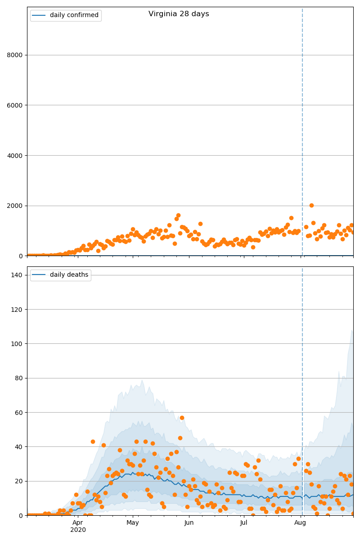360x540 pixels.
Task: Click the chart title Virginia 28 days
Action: pos(179,14)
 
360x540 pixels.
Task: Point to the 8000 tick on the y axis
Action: pos(15,55)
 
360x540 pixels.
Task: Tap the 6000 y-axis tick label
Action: pos(15,105)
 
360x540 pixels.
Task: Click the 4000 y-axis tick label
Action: pos(15,156)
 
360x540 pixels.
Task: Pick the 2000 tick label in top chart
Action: pos(15,206)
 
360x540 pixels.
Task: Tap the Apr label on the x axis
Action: pos(78,523)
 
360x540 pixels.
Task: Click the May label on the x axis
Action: pos(133,523)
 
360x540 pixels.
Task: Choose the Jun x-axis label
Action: pos(189,523)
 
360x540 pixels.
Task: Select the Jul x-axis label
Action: pos(243,523)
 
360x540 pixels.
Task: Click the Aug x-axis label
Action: pos(300,523)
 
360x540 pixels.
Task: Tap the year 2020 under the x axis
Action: pos(78,530)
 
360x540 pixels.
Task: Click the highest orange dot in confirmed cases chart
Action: pos(311,205)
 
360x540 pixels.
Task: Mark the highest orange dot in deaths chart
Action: pos(182,418)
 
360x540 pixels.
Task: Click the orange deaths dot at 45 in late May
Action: pos(180,438)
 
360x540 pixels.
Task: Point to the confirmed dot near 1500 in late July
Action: pos(291,218)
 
